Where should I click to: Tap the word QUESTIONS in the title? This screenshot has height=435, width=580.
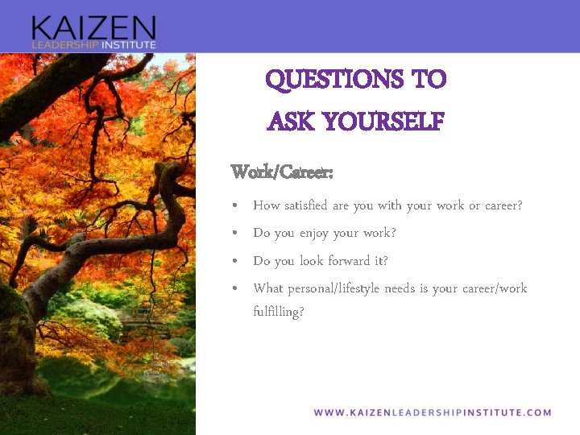[334, 80]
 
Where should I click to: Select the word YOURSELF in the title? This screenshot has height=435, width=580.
[383, 122]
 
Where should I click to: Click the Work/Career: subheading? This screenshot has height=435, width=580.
[282, 172]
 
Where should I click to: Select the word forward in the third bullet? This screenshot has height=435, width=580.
[365, 261]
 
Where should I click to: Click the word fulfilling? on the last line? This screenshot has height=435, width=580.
[279, 312]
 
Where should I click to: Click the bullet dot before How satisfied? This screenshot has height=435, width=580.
[234, 206]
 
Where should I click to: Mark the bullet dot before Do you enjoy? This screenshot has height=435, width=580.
[234, 234]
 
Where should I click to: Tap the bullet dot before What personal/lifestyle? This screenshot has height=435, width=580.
[234, 288]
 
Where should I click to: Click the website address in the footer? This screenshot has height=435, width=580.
[433, 412]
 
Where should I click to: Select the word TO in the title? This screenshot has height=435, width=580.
[428, 80]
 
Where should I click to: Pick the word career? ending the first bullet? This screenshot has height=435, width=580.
[503, 205]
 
